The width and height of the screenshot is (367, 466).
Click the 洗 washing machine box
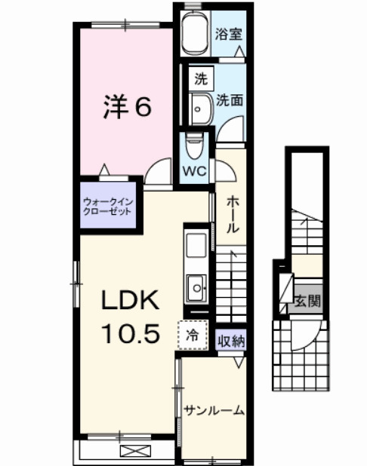coord(200,78)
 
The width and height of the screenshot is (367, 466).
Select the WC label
coord(196,170)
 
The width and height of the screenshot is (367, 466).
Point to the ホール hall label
coord(233,214)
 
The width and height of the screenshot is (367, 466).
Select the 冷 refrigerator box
coord(191,335)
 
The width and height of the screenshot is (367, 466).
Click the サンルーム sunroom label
coord(214,411)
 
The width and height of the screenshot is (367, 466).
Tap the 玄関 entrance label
coord(307,302)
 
